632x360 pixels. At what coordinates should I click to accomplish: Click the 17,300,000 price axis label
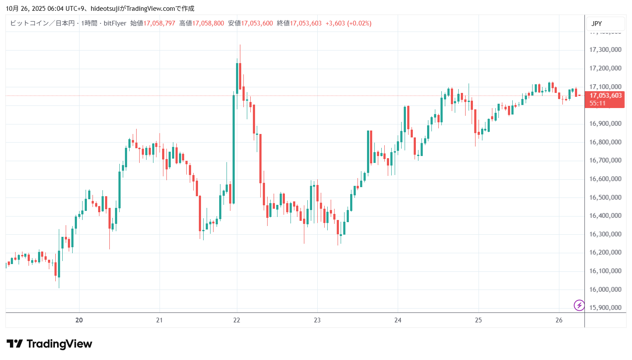click(x=605, y=50)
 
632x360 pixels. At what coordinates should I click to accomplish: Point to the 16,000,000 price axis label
click(x=605, y=290)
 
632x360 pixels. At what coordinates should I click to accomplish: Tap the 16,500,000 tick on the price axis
click(x=605, y=198)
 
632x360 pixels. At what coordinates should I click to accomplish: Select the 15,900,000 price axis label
click(x=605, y=308)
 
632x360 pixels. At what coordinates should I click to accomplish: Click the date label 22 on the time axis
click(x=236, y=320)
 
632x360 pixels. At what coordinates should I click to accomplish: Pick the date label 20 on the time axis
click(x=79, y=320)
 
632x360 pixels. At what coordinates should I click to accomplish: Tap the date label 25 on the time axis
click(x=478, y=320)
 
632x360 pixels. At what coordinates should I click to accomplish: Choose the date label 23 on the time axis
click(x=317, y=320)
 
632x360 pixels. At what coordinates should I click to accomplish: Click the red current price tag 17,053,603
click(x=605, y=96)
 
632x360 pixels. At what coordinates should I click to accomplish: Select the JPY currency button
click(x=597, y=24)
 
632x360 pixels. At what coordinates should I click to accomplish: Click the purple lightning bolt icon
click(x=579, y=306)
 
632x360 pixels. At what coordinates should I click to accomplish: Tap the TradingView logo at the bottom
click(x=49, y=344)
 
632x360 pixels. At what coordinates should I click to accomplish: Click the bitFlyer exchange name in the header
click(x=115, y=23)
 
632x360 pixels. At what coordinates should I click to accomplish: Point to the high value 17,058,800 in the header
click(x=208, y=23)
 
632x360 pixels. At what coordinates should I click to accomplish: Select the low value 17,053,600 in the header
click(x=257, y=23)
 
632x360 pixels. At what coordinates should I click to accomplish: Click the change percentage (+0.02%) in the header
click(x=359, y=23)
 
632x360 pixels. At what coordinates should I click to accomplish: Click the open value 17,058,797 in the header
click(x=159, y=23)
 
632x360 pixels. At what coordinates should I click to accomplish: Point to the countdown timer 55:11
click(x=597, y=103)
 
